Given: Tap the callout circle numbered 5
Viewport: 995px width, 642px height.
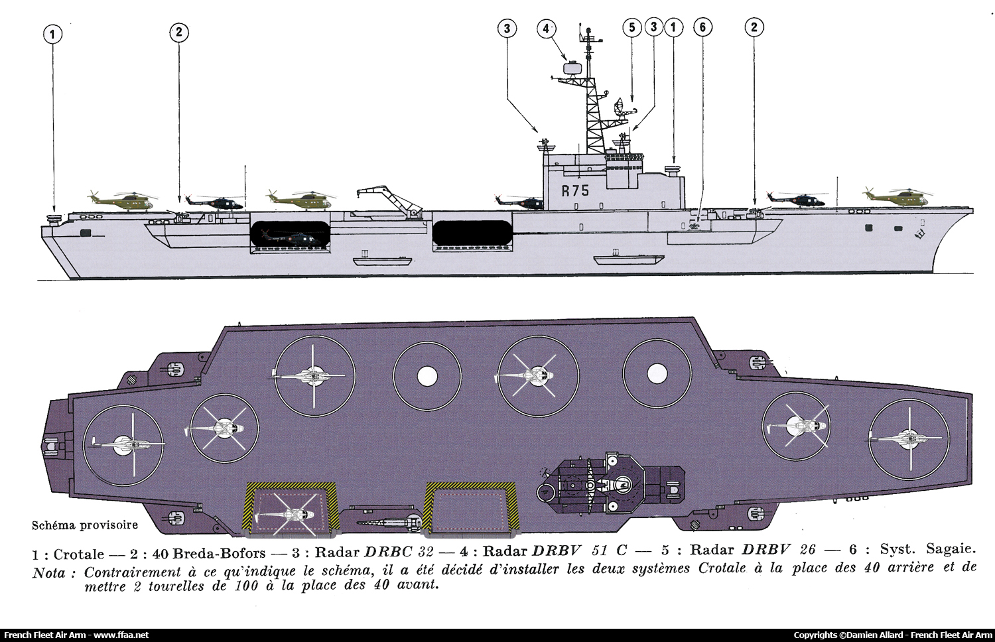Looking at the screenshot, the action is pyautogui.click(x=631, y=28).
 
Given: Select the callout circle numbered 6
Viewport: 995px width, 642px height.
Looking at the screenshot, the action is pyautogui.click(x=702, y=28).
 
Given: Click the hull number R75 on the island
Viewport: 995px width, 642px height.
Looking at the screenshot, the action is pyautogui.click(x=575, y=190).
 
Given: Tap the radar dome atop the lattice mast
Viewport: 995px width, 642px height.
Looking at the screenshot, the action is pyautogui.click(x=570, y=68).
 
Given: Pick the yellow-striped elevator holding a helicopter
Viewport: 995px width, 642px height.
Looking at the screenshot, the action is pyautogui.click(x=291, y=509).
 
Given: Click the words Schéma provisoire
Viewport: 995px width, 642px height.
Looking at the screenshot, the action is pyautogui.click(x=85, y=525).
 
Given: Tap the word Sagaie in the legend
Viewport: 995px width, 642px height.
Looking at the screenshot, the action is pyautogui.click(x=951, y=550).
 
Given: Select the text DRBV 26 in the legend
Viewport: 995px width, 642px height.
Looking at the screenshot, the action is pyautogui.click(x=779, y=550).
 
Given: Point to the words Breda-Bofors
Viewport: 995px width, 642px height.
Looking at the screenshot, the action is pyautogui.click(x=219, y=553).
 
